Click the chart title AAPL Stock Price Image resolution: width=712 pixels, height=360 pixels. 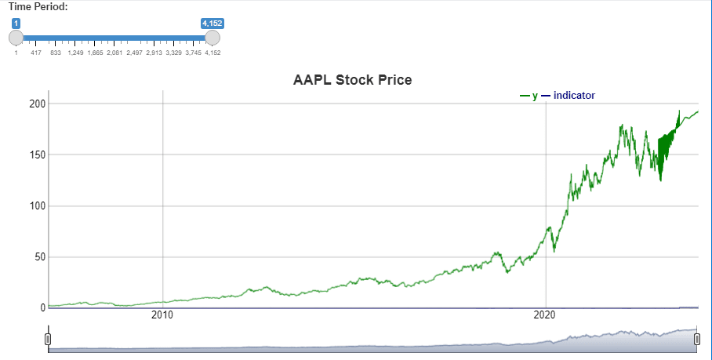tap(352, 80)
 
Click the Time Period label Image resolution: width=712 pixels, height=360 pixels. tap(38, 7)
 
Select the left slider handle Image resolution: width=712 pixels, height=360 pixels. tap(16, 37)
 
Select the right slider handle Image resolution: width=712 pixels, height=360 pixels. tap(213, 37)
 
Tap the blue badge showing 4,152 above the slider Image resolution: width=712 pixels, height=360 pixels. tap(213, 24)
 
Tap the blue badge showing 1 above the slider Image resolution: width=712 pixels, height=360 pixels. tap(16, 24)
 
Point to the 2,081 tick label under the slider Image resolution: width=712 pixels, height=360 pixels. tap(114, 53)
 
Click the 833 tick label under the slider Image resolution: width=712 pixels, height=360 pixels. tap(56, 53)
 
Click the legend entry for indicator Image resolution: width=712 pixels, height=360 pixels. tap(574, 96)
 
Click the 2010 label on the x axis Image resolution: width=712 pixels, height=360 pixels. tap(162, 315)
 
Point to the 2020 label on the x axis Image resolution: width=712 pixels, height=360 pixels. tap(546, 315)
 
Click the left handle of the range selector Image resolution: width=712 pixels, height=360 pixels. tap(49, 338)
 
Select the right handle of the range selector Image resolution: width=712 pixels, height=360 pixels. tap(696, 338)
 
